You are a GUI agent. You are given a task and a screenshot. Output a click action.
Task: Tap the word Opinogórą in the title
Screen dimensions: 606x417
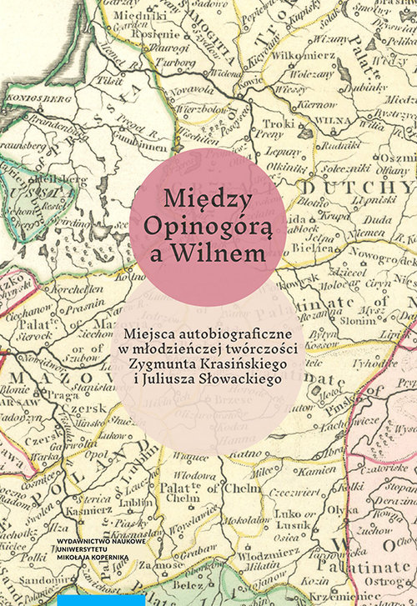coord(208,226)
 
